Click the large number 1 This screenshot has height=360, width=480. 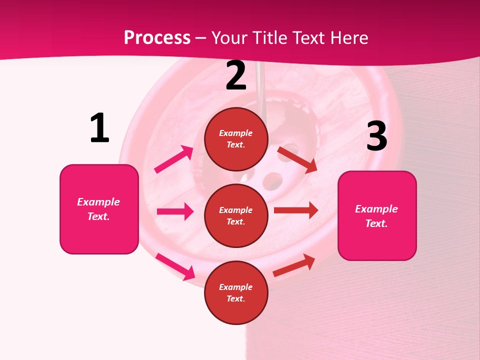click(x=99, y=128)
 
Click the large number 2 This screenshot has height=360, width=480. click(x=236, y=76)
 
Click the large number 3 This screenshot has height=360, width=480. click(x=376, y=136)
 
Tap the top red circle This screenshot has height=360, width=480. click(x=236, y=139)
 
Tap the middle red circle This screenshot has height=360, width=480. click(x=236, y=215)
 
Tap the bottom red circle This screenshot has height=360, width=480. click(x=236, y=292)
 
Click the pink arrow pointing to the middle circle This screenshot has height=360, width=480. click(x=175, y=211)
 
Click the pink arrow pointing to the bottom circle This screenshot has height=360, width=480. click(x=175, y=266)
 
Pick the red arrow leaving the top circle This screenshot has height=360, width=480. click(x=297, y=159)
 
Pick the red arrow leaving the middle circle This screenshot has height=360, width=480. click(x=296, y=210)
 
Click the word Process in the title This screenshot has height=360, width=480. click(x=157, y=37)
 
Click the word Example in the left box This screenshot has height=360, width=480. click(x=98, y=202)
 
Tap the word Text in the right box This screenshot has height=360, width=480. click(x=376, y=223)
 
